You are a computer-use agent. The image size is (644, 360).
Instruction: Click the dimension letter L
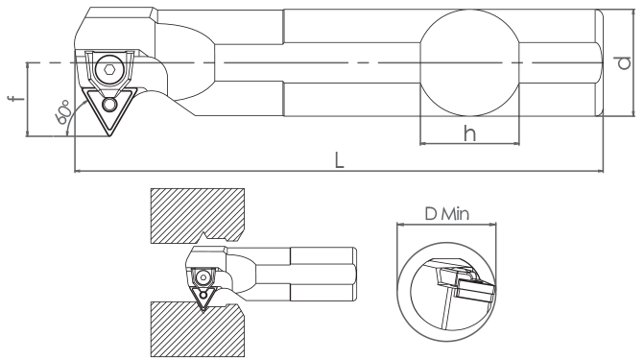click(339, 160)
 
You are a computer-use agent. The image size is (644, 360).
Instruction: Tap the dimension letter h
click(469, 133)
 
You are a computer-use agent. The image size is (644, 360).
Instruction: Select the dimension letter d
click(624, 62)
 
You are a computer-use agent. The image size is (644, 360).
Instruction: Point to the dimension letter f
click(16, 99)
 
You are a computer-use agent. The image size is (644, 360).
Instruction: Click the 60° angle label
click(62, 111)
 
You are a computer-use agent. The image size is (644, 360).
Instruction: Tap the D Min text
click(447, 214)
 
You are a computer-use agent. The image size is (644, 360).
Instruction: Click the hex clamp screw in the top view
click(108, 69)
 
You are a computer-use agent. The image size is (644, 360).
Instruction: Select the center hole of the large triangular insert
click(109, 105)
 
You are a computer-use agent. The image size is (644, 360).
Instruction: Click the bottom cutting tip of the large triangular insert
click(108, 134)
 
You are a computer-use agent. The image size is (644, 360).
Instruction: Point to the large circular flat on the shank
click(469, 62)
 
